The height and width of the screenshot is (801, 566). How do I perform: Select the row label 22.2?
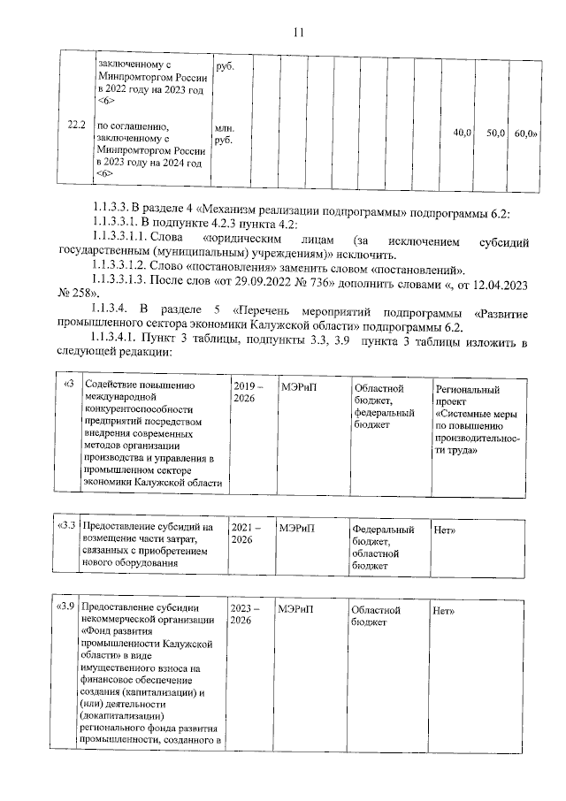pyautogui.click(x=77, y=126)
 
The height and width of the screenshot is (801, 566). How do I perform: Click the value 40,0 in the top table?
pyautogui.click(x=462, y=133)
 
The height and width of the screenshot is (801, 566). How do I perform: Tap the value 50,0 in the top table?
pyautogui.click(x=495, y=133)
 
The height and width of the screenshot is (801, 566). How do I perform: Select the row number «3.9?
pyautogui.click(x=65, y=610)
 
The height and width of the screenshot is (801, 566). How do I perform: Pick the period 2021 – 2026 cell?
pyautogui.click(x=246, y=533)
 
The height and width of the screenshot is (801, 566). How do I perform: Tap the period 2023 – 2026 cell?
pyautogui.click(x=246, y=615)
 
